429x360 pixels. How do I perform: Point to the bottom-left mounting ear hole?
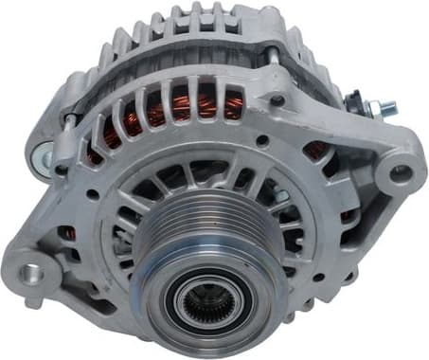32,273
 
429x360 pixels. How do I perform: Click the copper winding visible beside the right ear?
317,150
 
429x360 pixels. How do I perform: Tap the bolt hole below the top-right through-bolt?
277,99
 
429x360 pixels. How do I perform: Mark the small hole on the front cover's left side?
92,193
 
